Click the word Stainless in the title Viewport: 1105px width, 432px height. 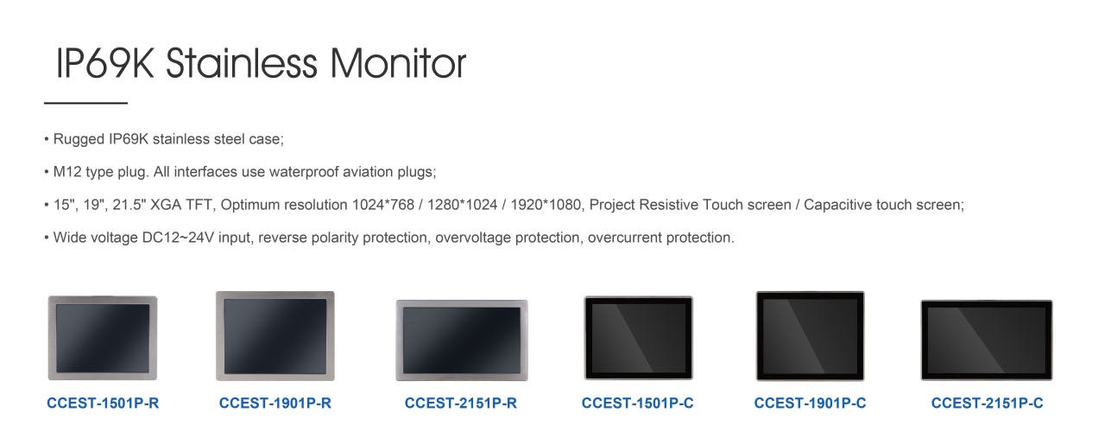tap(241, 63)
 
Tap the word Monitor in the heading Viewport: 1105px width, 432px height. tap(398, 63)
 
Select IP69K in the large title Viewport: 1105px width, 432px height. tap(105, 63)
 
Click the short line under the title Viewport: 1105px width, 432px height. tap(85, 103)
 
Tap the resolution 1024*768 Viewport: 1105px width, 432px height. tap(382, 205)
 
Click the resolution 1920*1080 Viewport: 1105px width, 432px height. tap(546, 205)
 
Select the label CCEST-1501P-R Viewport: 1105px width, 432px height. tap(103, 403)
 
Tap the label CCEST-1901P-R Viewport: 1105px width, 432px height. tap(275, 403)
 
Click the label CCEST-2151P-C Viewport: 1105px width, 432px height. tap(987, 403)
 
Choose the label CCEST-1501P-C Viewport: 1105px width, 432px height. tap(637, 403)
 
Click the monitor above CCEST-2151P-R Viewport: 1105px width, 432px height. tap(462, 340)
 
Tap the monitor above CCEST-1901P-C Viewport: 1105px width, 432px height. tap(810, 336)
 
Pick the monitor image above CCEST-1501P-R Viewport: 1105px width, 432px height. tap(103, 338)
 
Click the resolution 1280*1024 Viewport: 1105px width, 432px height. tap(462, 205)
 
